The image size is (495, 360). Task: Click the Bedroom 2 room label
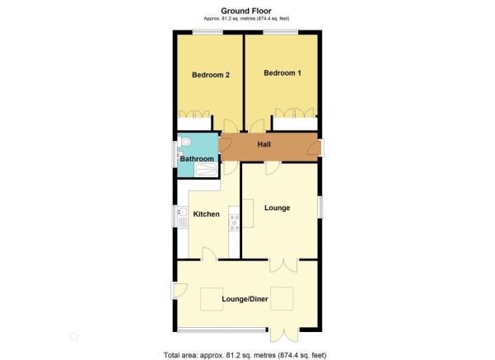pos(211,75)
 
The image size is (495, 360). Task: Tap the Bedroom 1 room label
pos(283,73)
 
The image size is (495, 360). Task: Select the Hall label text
pos(264,144)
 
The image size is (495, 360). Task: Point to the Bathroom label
pos(197,158)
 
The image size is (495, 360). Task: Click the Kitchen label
pos(206,214)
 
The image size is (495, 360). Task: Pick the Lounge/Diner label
pos(245,299)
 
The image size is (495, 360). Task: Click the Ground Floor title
pos(246,11)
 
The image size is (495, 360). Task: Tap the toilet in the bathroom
pos(184,142)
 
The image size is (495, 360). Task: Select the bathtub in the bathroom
pos(206,170)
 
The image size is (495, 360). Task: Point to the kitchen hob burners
pos(234,222)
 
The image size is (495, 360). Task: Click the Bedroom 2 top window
pos(208,31)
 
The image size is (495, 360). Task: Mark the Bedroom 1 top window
pos(281,31)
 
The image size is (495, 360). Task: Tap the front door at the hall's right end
pos(315,147)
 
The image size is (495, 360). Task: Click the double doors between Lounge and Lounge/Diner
pos(283,265)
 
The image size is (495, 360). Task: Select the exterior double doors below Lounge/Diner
pos(284,335)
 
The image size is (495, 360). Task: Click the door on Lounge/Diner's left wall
pos(179,291)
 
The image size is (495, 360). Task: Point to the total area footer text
pos(245,355)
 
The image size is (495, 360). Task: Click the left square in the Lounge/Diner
pos(212,299)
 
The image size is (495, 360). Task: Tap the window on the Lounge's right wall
pos(320,207)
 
